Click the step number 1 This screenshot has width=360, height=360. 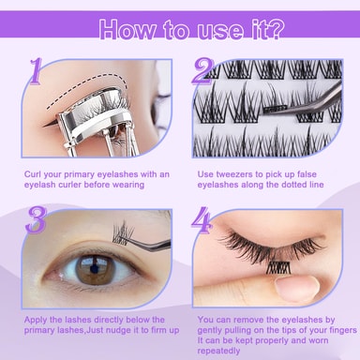tap(36, 71)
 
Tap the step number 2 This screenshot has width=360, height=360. tap(202, 71)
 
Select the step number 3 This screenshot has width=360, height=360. tap(36, 219)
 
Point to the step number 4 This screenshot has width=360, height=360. tap(202, 220)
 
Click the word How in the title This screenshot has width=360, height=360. tap(127, 30)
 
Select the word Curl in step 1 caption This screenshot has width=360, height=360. tap(33, 174)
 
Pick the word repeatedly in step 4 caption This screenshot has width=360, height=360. tap(218, 351)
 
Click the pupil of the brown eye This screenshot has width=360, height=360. tap(94, 268)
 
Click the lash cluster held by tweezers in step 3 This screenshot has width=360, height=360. tap(120, 232)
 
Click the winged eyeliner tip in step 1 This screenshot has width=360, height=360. tap(44, 126)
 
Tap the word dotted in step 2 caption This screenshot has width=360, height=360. tap(294, 185)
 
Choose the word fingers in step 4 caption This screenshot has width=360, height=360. tap(343, 330)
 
